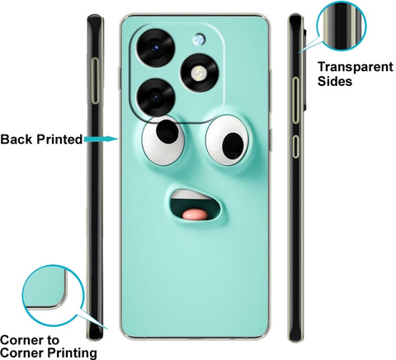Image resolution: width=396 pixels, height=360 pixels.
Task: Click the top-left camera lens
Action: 156,47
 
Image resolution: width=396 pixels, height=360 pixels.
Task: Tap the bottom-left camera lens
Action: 156,97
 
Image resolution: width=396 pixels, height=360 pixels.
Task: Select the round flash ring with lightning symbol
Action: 200,73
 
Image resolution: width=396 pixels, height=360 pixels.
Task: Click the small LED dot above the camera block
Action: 199,40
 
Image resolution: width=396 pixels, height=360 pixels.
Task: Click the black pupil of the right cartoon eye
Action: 233,146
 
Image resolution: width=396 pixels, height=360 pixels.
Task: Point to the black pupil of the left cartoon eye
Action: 167,131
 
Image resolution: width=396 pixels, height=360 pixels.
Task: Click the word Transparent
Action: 356,68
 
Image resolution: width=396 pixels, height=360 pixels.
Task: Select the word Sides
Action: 335,81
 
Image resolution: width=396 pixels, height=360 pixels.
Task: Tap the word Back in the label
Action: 16,139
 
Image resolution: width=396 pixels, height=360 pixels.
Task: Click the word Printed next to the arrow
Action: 59,139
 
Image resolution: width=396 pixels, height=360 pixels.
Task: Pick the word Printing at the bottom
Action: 73,353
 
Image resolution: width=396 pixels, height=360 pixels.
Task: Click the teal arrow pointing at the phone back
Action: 101,139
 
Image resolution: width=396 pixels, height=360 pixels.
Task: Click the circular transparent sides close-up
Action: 342,26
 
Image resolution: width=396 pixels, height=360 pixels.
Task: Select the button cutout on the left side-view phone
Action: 96,81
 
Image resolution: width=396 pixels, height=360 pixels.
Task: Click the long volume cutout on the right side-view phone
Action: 295,100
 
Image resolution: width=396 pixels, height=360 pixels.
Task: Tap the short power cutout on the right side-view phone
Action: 295,147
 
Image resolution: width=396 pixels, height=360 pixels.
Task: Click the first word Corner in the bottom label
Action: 30,340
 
